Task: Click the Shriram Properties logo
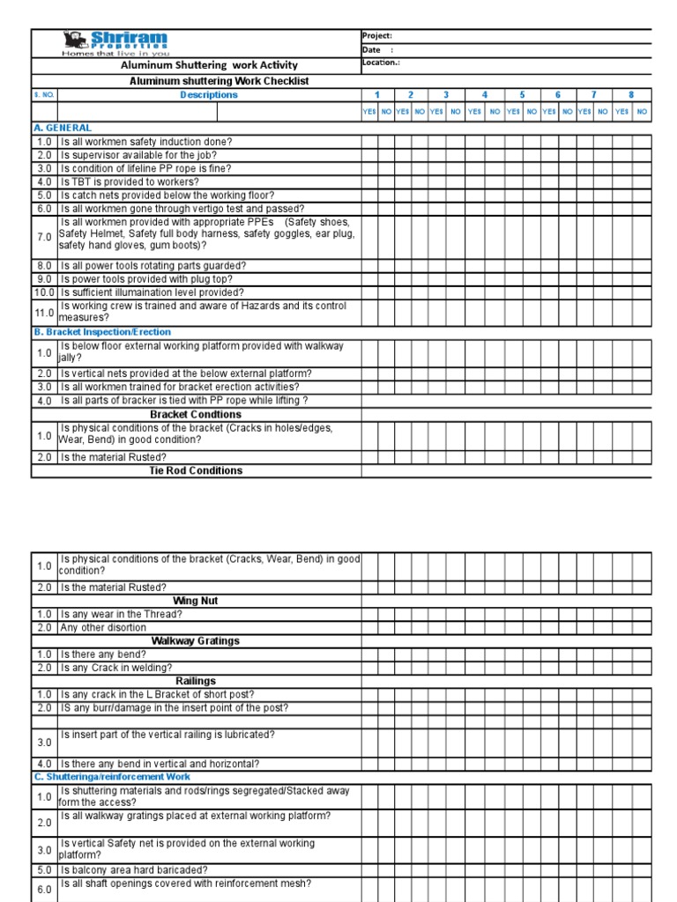[x=115, y=43]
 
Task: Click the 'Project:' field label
[x=377, y=36]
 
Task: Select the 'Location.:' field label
[x=382, y=63]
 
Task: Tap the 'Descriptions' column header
[x=209, y=95]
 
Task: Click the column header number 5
[x=522, y=95]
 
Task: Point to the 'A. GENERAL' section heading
[x=63, y=128]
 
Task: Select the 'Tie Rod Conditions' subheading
[x=196, y=470]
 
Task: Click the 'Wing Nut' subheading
[x=196, y=601]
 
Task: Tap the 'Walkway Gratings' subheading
[x=196, y=641]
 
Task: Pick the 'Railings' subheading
[x=196, y=681]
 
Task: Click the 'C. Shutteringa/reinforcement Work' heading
[x=112, y=777]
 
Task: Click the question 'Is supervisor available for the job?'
[x=138, y=155]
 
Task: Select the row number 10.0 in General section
[x=44, y=292]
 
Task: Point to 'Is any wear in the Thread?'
[x=122, y=614]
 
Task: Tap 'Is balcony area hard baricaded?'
[x=134, y=869]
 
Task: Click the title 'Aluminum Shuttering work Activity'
[x=209, y=65]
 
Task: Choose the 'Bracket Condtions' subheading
[x=196, y=414]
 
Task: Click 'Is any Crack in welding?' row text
[x=116, y=668]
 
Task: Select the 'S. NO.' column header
[x=44, y=95]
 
